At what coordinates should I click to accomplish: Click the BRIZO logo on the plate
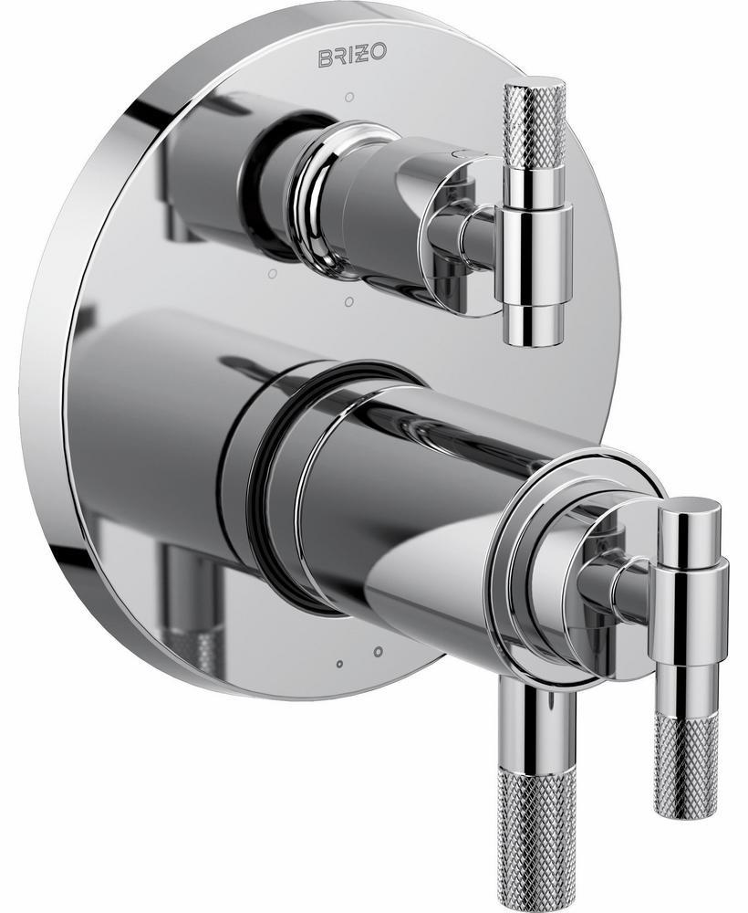pos(351,57)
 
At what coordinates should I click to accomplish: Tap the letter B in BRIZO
pos(325,58)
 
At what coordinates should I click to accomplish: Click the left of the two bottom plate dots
pos(339,664)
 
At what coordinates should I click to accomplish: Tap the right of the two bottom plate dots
pos(378,651)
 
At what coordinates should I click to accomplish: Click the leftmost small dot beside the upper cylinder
pos(271,273)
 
